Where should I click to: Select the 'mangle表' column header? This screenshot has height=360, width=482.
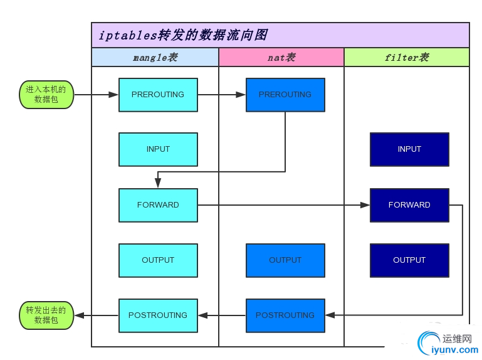[155, 58]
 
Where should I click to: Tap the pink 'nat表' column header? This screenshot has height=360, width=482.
[281, 58]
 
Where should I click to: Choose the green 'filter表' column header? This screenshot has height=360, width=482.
[406, 58]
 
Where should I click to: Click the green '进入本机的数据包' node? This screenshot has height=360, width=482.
[46, 95]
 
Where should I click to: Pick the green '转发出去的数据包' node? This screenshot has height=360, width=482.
[46, 315]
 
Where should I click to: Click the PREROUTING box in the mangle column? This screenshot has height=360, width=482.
[158, 95]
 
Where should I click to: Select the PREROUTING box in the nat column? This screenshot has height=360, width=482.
[285, 95]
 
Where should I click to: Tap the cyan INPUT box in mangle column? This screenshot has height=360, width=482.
[158, 149]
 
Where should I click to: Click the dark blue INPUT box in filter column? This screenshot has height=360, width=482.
[409, 149]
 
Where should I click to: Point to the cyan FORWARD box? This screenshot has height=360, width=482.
[158, 205]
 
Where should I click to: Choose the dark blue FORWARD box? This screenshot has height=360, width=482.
[409, 205]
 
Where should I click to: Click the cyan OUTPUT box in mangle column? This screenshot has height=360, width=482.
[158, 260]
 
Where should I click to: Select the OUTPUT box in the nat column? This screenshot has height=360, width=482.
[285, 260]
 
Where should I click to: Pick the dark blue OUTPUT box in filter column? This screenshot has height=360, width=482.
[409, 260]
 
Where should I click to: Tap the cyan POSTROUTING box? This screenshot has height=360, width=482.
[158, 315]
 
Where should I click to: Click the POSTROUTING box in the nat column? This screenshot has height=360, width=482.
[285, 315]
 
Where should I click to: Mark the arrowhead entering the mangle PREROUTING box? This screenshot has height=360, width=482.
[113, 95]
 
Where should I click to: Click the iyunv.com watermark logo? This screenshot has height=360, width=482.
[447, 344]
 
